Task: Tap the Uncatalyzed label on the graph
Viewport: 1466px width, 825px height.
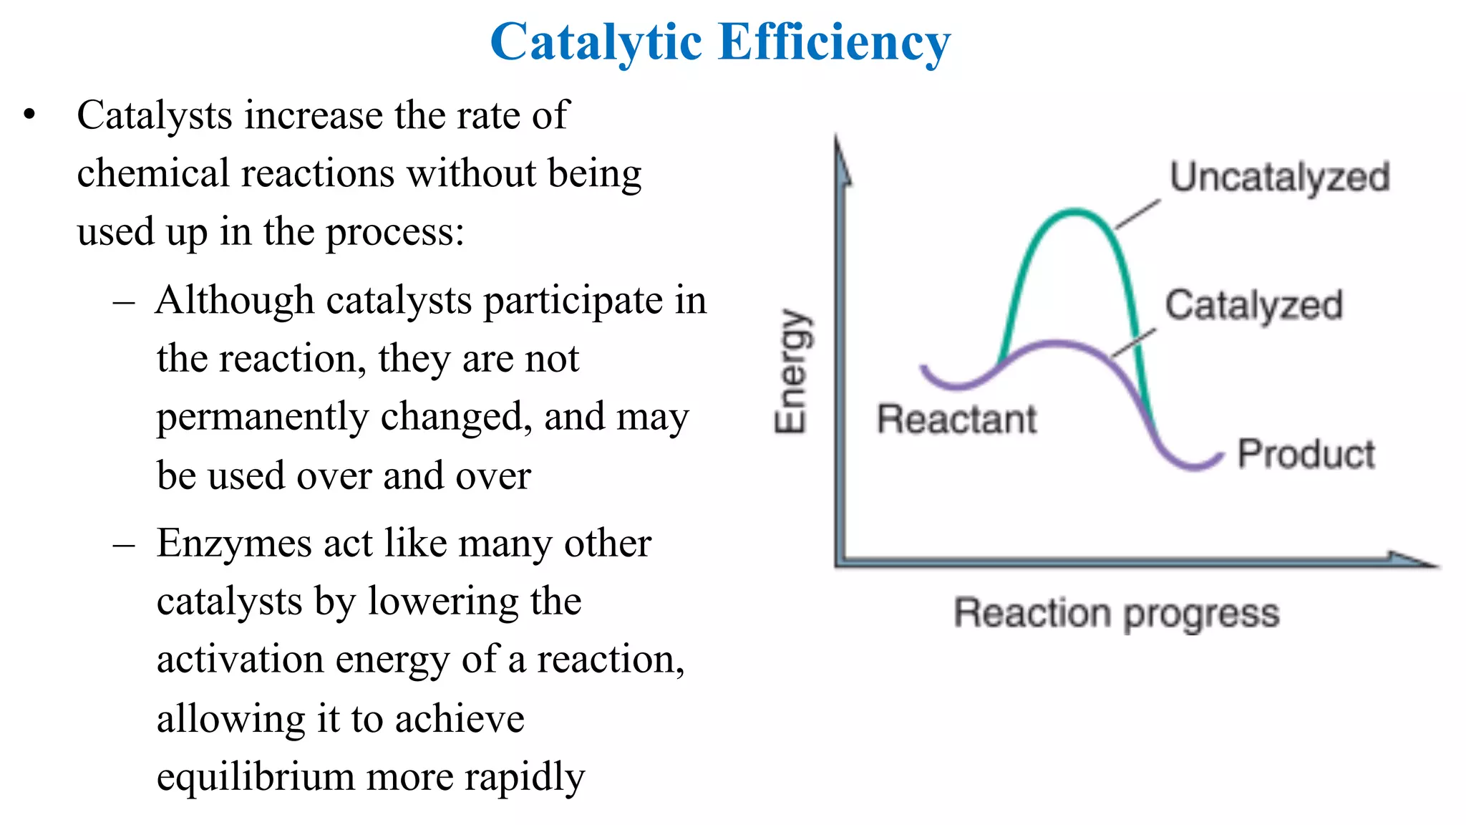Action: click(x=1279, y=177)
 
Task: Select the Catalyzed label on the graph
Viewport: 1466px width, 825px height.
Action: click(x=1253, y=305)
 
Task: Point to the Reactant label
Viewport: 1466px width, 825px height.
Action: click(x=956, y=419)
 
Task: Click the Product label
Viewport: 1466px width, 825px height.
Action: click(x=1306, y=454)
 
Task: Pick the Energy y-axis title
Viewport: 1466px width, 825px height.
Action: click(x=792, y=372)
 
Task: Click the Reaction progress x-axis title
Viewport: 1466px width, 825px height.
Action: click(x=1117, y=614)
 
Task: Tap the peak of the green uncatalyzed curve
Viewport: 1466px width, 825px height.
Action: click(x=1074, y=211)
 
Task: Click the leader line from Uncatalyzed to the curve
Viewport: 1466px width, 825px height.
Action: click(x=1138, y=215)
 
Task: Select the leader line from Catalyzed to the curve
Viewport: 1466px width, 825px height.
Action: click(x=1133, y=342)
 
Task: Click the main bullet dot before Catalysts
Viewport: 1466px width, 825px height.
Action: click(x=29, y=115)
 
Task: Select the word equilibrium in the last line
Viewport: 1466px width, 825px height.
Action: click(x=256, y=777)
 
